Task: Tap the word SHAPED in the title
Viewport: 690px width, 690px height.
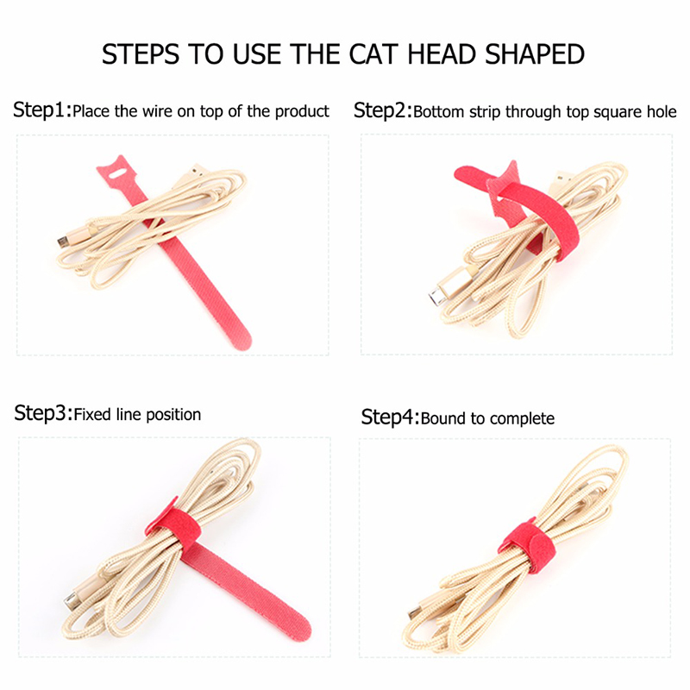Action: pyautogui.click(x=535, y=54)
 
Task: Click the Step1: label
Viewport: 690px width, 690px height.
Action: pyautogui.click(x=42, y=110)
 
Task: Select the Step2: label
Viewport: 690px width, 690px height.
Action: pyautogui.click(x=383, y=110)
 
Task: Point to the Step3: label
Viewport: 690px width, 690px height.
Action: pyautogui.click(x=43, y=413)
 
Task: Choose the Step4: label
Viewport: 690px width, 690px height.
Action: pyautogui.click(x=391, y=417)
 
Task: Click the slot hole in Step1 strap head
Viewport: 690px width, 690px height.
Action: pyautogui.click(x=117, y=173)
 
